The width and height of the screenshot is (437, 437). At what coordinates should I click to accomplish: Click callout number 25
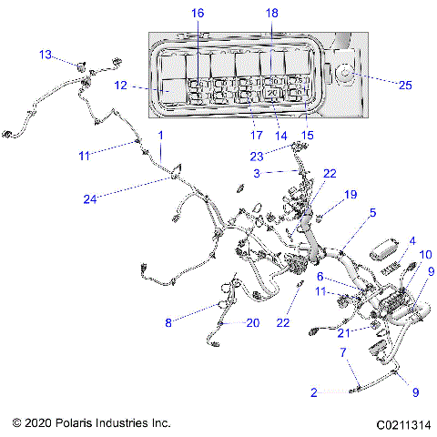[405, 85]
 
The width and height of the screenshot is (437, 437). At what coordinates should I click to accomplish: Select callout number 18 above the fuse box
[271, 12]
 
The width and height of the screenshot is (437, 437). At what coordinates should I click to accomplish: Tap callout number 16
[198, 12]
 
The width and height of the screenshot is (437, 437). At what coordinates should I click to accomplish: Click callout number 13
[45, 55]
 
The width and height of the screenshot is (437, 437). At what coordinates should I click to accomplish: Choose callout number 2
[314, 392]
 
